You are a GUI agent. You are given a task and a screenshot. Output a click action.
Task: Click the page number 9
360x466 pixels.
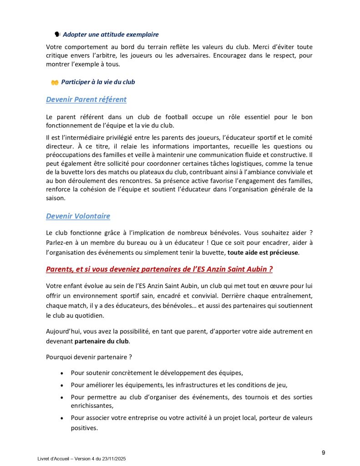click(x=323, y=452)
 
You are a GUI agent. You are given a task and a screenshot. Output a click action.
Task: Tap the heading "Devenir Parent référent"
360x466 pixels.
click(x=86, y=99)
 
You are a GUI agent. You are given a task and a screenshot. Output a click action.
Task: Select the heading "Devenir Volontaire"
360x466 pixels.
click(x=78, y=216)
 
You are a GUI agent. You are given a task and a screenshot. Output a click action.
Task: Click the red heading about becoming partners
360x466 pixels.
click(x=159, y=269)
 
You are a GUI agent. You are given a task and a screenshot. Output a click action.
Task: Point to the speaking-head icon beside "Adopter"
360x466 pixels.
click(x=57, y=34)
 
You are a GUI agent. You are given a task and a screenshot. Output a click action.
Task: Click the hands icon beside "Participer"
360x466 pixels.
click(x=55, y=82)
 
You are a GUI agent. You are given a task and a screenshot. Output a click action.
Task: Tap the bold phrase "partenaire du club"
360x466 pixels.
click(x=101, y=341)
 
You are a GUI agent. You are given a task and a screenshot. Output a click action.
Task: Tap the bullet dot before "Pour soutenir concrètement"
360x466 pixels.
click(x=61, y=373)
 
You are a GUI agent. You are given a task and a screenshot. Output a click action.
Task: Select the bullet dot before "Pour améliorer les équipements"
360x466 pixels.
click(x=61, y=385)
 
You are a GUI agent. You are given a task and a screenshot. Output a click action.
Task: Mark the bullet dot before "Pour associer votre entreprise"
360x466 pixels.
click(x=61, y=418)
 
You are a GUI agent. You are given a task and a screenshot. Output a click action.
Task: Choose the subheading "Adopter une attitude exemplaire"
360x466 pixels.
click(x=111, y=34)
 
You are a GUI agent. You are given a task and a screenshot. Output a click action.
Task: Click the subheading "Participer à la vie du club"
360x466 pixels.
click(x=98, y=82)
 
